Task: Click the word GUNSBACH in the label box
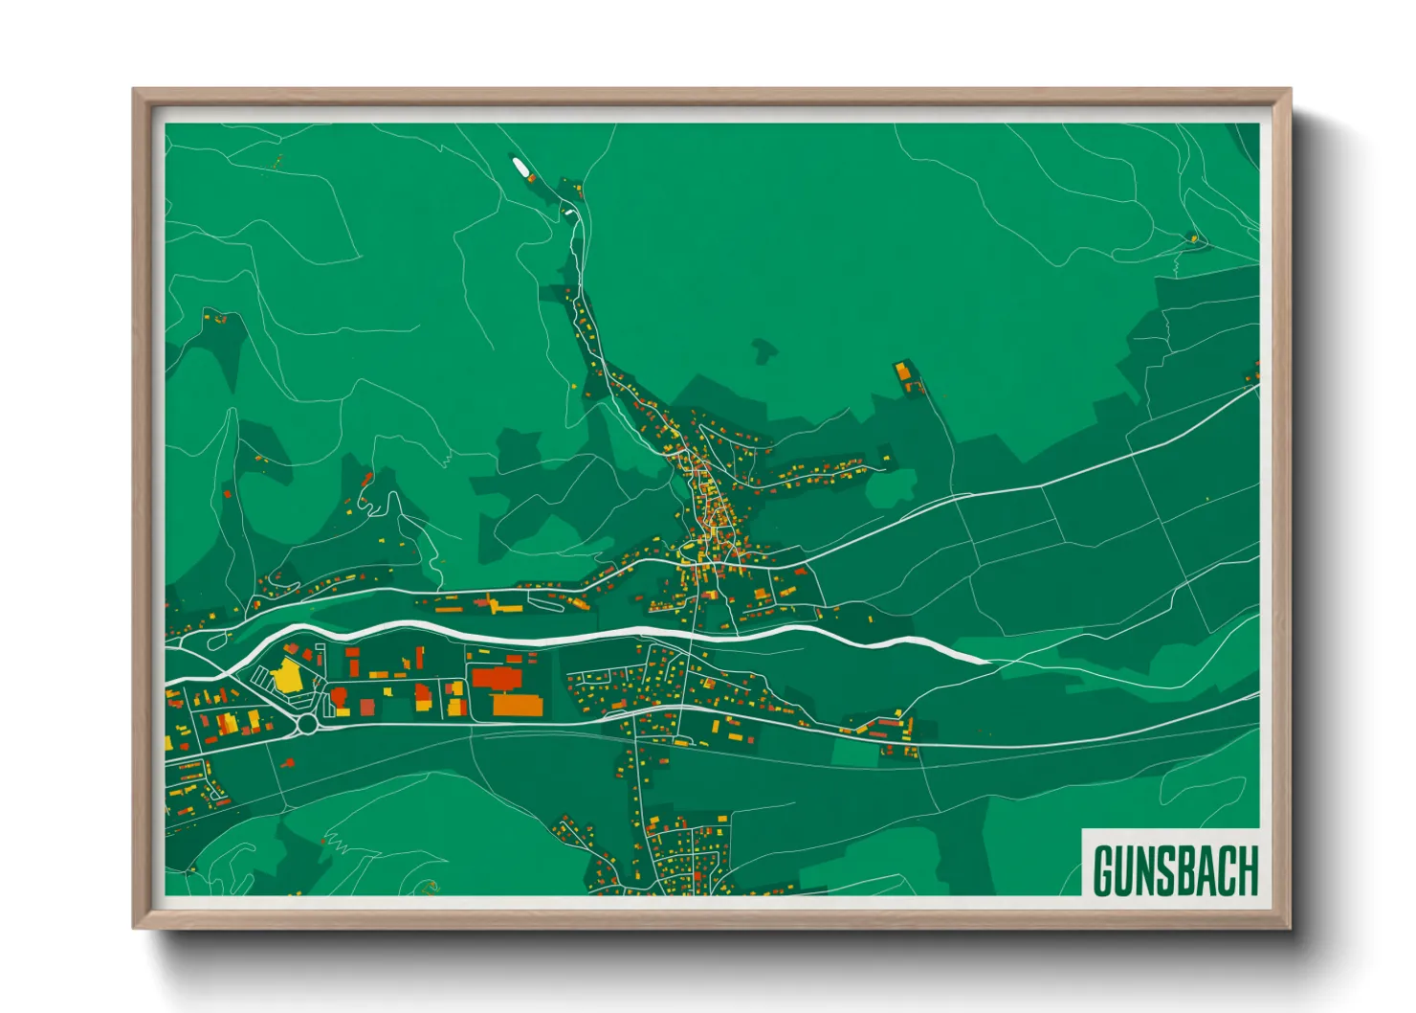click(1175, 870)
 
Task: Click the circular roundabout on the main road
click(307, 725)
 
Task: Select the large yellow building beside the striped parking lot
click(287, 674)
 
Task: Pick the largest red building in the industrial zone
click(495, 679)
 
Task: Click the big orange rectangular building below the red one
click(518, 706)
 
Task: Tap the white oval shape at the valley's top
click(522, 170)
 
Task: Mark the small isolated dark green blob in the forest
click(763, 349)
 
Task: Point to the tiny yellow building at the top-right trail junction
click(1193, 237)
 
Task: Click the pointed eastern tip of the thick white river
click(987, 660)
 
